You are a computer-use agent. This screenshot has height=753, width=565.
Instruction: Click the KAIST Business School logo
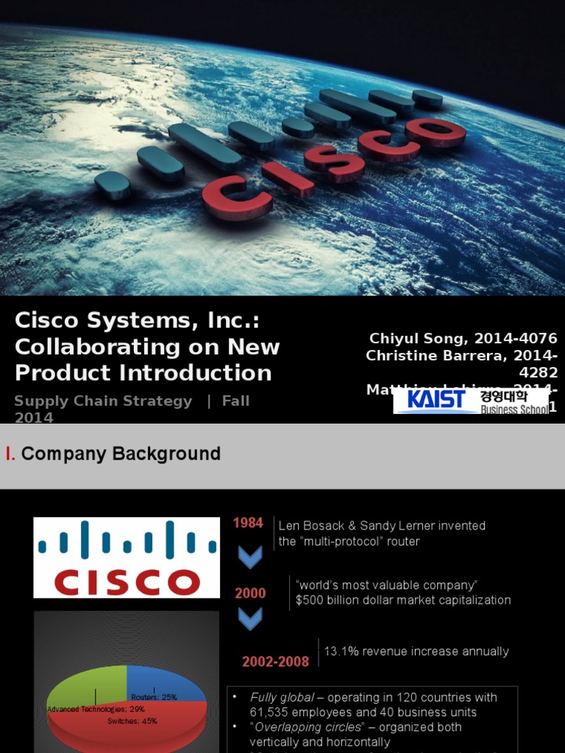pos(471,401)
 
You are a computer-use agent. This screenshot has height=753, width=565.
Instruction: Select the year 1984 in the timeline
pos(248,524)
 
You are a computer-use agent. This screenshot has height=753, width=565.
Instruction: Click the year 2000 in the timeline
pos(250,593)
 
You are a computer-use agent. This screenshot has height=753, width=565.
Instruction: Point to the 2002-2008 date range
pos(275,662)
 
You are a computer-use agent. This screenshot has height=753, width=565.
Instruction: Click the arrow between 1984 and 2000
pos(250,557)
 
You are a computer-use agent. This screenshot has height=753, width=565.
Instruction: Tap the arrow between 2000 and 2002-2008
pos(250,620)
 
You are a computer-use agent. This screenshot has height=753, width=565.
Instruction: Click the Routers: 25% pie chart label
pos(154,697)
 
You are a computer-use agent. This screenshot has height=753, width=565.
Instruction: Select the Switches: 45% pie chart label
pos(132,721)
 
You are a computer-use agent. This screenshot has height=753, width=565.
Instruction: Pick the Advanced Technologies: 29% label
pos(96,710)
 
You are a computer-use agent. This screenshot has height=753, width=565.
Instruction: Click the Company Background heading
pos(121,454)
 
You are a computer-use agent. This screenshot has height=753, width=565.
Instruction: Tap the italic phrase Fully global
pos(277,697)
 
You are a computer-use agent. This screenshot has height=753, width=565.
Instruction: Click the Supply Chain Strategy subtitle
pos(103,402)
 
